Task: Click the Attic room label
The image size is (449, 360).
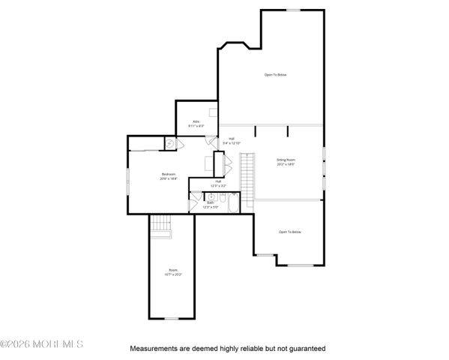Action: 196,121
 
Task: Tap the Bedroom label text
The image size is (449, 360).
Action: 168,174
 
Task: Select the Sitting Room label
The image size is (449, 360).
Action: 286,160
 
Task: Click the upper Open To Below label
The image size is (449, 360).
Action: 275,74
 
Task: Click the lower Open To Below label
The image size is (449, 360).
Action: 289,232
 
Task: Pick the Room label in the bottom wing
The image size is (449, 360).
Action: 172,270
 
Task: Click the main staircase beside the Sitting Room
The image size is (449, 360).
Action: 247,173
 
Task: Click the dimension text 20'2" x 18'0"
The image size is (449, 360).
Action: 286,164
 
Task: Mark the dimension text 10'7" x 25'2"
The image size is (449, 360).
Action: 173,274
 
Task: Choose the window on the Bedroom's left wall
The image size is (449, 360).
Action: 127,178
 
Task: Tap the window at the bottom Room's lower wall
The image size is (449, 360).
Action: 172,319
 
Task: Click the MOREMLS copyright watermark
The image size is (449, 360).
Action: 42,344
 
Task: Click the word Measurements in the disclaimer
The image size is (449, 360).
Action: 153,349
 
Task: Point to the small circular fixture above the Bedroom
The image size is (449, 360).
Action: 169,142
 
